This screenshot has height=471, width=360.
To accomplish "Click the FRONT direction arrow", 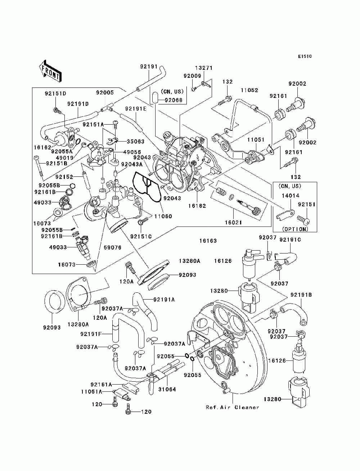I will tap(49, 70).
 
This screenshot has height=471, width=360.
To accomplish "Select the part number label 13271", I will tap(204, 68).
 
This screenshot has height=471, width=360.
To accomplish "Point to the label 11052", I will tap(249, 90).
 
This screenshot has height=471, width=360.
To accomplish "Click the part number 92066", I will tap(174, 100).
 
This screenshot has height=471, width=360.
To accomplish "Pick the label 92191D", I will tap(78, 104).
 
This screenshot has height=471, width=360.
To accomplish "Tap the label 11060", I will tap(163, 216).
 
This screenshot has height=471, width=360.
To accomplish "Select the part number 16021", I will tap(234, 222).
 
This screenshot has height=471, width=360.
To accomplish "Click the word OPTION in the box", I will tap(295, 229).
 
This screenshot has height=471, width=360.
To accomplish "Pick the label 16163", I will tap(208, 241).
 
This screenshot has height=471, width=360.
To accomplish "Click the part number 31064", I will tap(167, 389).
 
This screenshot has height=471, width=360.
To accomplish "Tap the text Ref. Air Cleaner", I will tap(232, 407).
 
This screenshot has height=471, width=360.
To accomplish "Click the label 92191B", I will tap(301, 295).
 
